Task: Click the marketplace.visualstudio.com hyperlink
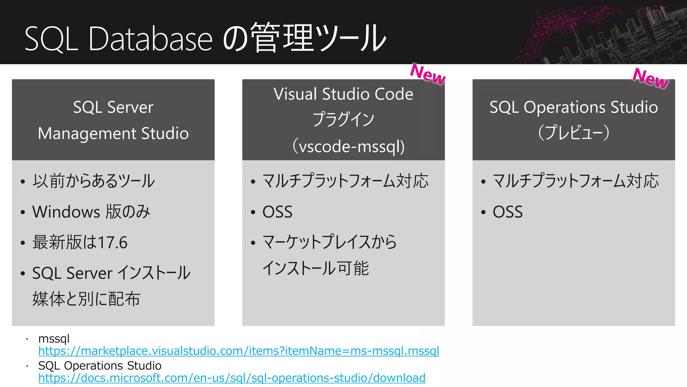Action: [x=239, y=351]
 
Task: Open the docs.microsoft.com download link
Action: [x=232, y=378]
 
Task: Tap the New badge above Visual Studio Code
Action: [x=428, y=74]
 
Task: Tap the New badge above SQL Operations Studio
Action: [x=650, y=78]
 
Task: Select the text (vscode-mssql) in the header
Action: [x=349, y=147]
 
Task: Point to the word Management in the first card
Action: [x=87, y=134]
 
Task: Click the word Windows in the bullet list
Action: [x=66, y=212]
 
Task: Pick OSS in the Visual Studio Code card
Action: [x=277, y=212]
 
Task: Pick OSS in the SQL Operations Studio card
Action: [x=508, y=212]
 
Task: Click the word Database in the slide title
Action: [x=150, y=39]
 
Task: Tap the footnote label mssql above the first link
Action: [x=54, y=339]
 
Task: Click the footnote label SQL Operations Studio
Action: [x=100, y=365]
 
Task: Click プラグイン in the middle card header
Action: [x=343, y=120]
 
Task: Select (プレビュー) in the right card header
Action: [x=574, y=133]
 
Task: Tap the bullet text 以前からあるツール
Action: [x=94, y=181]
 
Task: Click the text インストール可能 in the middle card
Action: [x=316, y=268]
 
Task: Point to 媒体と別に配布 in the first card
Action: [x=86, y=299]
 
